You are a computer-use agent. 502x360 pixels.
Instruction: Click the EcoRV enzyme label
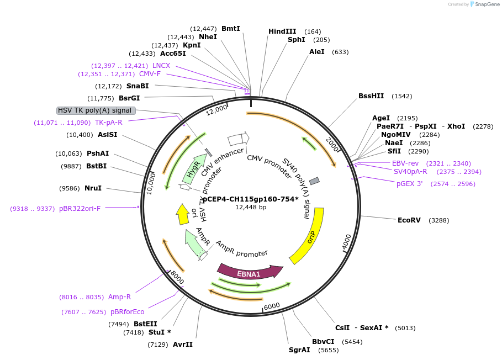coord(409,220)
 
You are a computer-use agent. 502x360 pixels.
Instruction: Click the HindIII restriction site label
coord(282,31)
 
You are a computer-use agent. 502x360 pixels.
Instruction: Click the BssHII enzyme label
coord(371,96)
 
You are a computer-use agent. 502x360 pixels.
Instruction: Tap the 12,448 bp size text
coord(250,208)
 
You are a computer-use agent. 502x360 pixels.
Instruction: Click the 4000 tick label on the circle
coord(346,241)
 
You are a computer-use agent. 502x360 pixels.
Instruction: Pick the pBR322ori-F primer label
coord(80,209)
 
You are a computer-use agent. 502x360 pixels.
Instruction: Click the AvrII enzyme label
coord(183,345)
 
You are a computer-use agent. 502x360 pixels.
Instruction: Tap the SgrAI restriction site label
coord(299,350)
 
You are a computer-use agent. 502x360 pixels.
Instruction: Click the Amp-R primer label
coord(119,297)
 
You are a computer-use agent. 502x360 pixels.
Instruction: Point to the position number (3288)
coord(438,220)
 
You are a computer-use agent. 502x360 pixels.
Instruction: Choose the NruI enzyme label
coord(93,188)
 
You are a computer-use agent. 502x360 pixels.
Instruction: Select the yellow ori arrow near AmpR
coord(182,214)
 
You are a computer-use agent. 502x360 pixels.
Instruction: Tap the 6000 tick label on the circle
coord(271,306)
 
